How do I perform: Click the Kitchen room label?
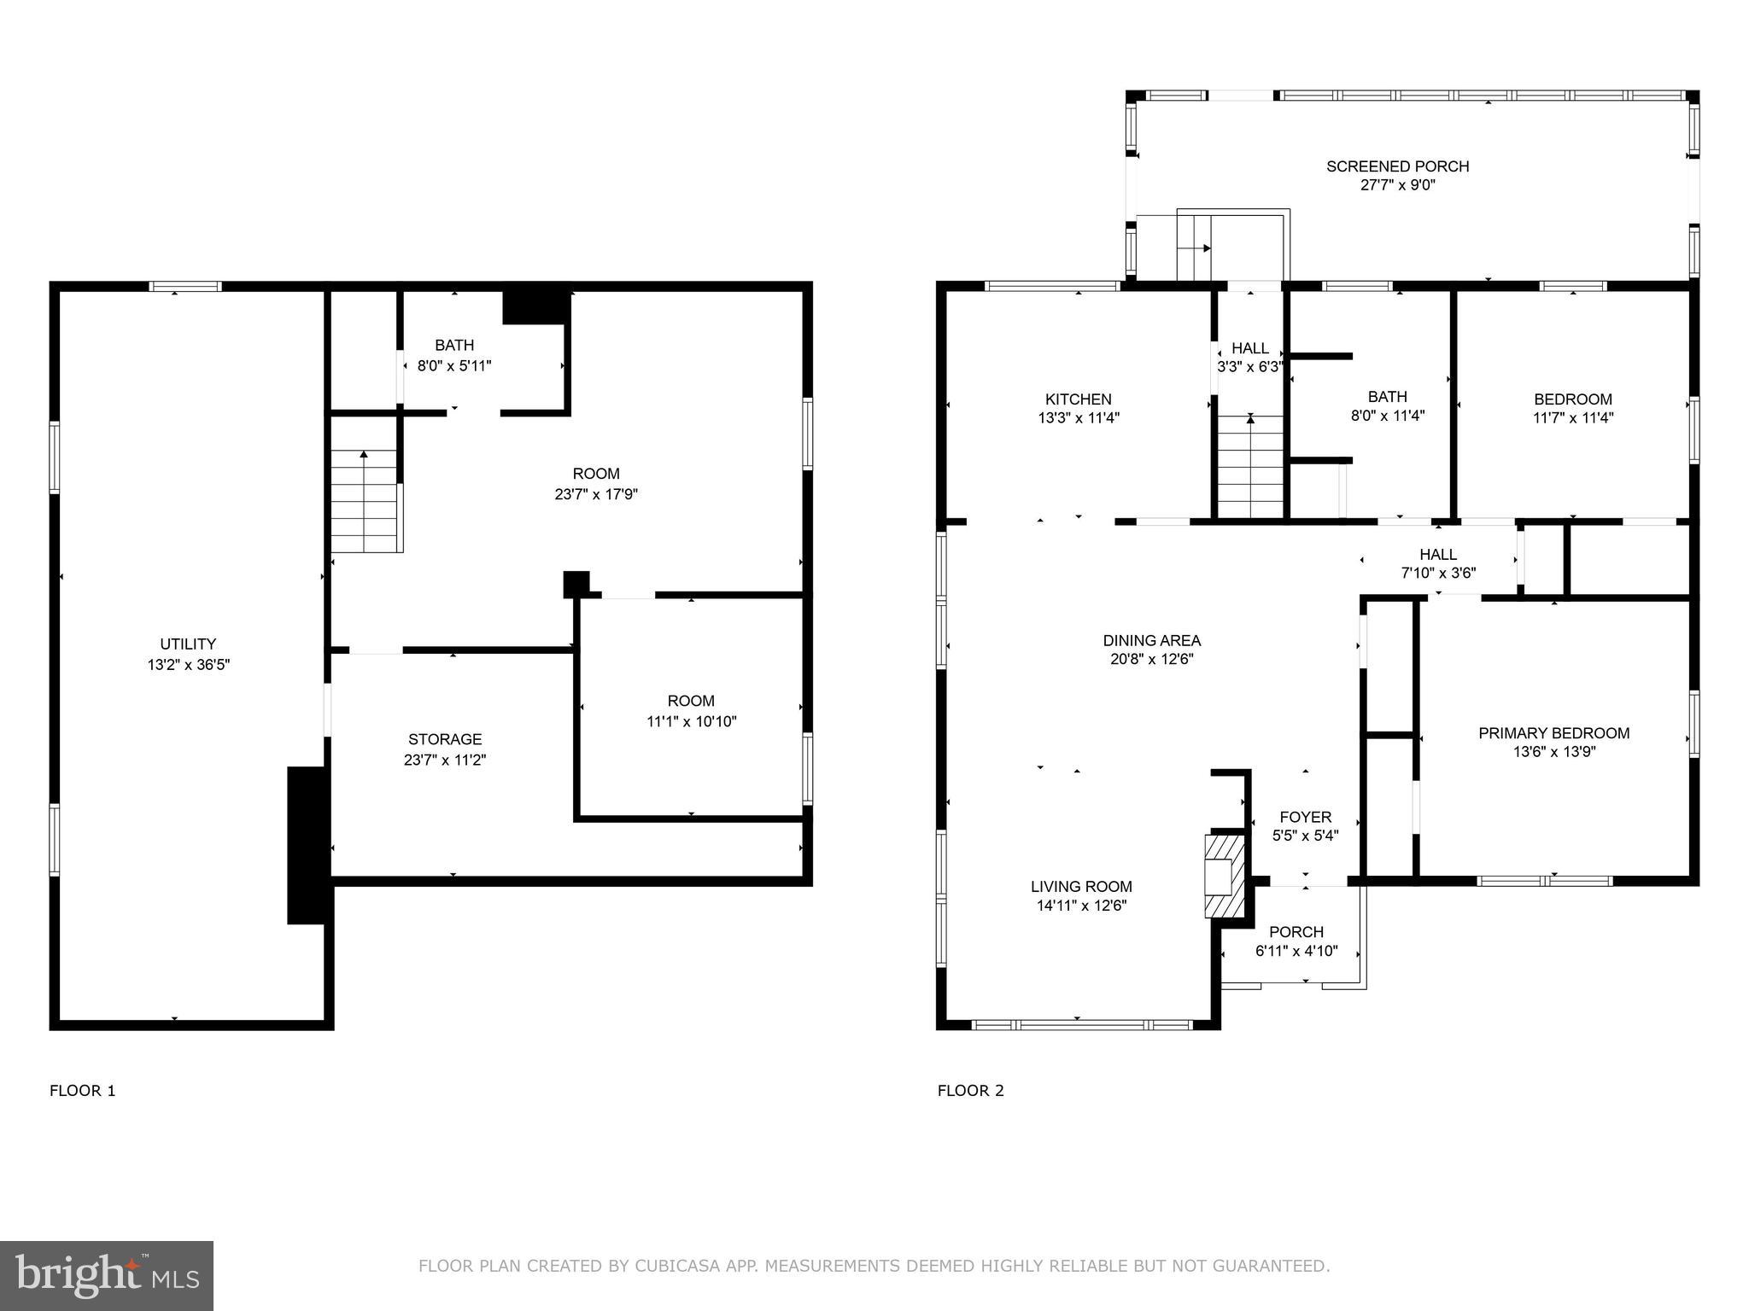tap(1078, 399)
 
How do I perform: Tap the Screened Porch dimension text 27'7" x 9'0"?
tap(1397, 185)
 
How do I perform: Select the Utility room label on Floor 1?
tap(188, 644)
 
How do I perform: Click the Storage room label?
tap(444, 739)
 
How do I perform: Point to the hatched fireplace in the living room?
tap(1220, 876)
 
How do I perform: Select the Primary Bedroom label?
tap(1553, 733)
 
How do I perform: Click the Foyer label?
tap(1305, 817)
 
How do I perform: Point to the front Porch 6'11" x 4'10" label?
tap(1296, 932)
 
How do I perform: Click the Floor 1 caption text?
tap(82, 1091)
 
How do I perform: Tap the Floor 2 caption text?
tap(970, 1091)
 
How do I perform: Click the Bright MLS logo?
tap(106, 1276)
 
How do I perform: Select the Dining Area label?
tap(1151, 640)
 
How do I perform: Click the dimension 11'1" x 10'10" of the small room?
tap(691, 721)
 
